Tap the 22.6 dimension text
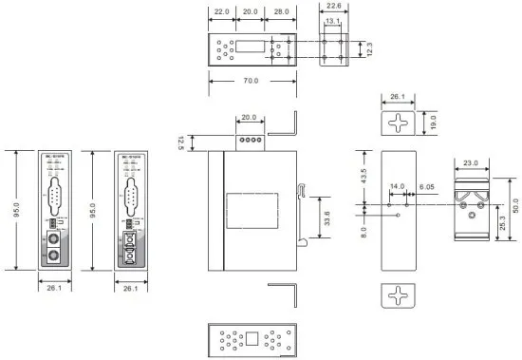point(333,6)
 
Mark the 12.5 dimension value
point(179,142)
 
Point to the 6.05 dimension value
point(426,188)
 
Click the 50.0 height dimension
point(516,206)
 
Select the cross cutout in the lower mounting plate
point(401,296)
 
